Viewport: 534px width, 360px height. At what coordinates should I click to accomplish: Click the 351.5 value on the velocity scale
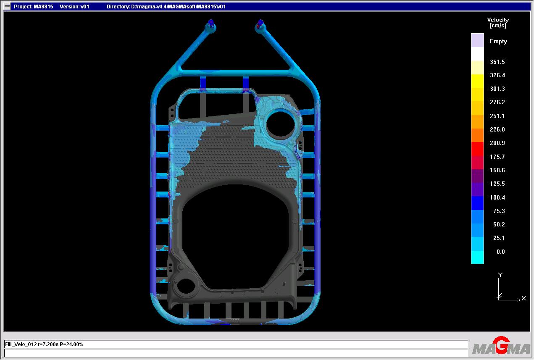(x=497, y=62)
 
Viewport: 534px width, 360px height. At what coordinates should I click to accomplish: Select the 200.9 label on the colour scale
(x=497, y=143)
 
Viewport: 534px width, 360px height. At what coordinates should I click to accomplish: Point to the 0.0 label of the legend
(x=501, y=252)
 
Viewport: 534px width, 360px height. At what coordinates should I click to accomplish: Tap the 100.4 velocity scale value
(x=497, y=197)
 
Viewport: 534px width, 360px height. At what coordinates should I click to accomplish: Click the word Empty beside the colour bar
(x=498, y=42)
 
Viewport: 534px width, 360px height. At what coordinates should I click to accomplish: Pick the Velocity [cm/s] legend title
(x=498, y=23)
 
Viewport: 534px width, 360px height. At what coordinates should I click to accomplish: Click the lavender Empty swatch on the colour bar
(x=477, y=40)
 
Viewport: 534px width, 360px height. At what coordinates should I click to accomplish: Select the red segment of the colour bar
(x=477, y=149)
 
